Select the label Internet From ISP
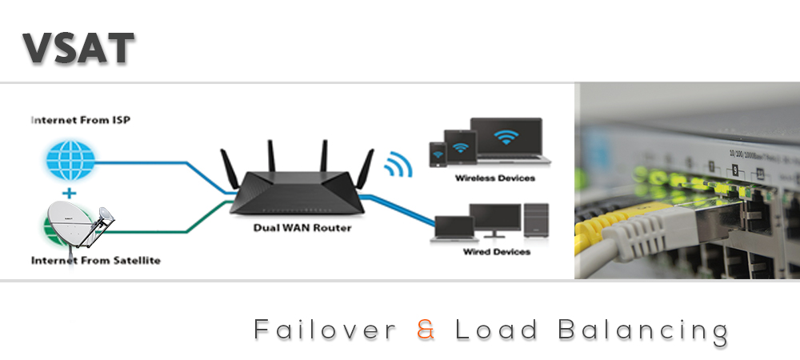(x=80, y=120)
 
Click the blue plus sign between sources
(x=70, y=193)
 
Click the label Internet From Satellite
(x=95, y=261)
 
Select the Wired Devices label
(x=496, y=252)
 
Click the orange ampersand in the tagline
(x=426, y=330)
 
